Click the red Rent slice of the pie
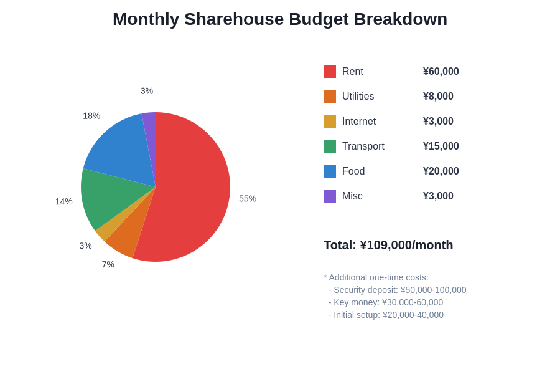tap(193, 187)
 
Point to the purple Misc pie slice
tap(149, 125)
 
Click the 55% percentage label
tap(248, 198)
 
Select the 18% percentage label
tap(91, 115)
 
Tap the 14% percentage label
tap(63, 201)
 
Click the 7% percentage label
tap(108, 264)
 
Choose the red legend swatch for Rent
tap(330, 72)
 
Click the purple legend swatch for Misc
tap(330, 196)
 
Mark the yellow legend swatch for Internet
tap(330, 122)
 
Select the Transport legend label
tap(363, 146)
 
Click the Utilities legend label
tap(358, 97)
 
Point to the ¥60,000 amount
tap(441, 72)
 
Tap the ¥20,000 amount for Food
tap(441, 171)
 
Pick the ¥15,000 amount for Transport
tap(441, 146)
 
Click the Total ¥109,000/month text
tap(388, 245)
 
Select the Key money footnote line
tap(386, 302)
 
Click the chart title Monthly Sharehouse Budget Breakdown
tap(280, 19)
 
